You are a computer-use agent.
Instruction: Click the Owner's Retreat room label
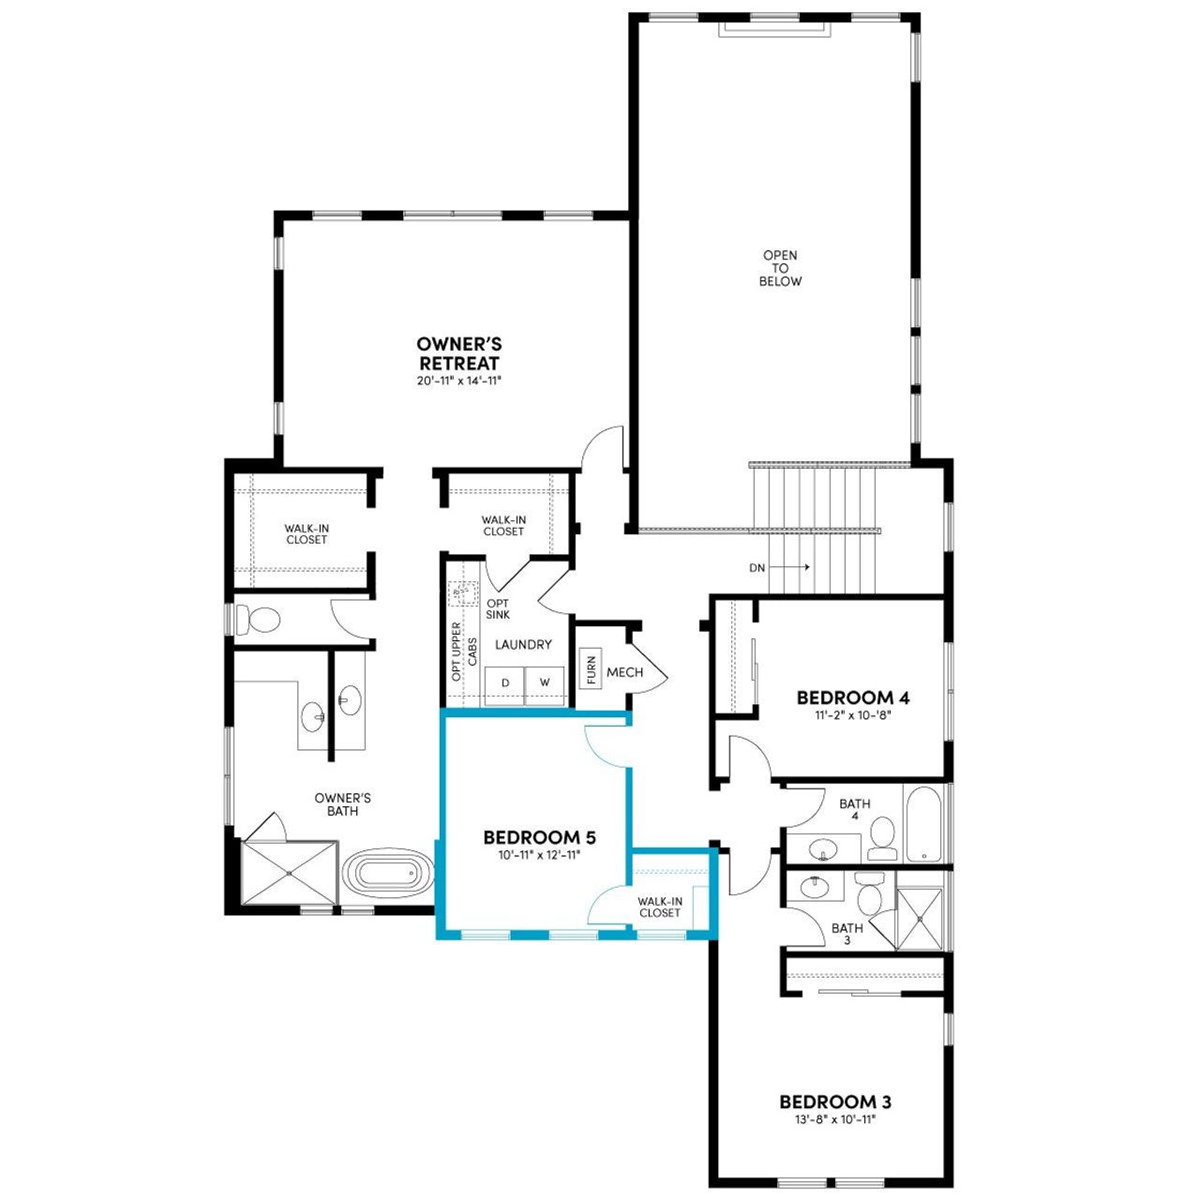pos(459,354)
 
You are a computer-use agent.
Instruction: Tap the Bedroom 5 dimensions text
pos(539,855)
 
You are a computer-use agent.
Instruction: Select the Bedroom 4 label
pos(852,697)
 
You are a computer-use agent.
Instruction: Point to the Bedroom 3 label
pos(835,1102)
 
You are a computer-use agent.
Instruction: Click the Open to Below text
pos(780,268)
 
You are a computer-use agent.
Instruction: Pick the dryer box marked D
pos(504,683)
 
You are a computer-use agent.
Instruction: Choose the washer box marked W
pos(545,683)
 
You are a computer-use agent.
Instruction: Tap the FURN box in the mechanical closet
pos(591,669)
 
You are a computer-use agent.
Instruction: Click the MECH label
pos(624,672)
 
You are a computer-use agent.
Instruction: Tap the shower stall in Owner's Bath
pos(289,873)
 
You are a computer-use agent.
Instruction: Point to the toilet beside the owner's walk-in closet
pos(259,620)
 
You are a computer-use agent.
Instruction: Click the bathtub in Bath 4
pos(924,824)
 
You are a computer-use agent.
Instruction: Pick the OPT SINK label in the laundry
pos(498,609)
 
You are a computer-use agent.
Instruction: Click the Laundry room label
pos(523,645)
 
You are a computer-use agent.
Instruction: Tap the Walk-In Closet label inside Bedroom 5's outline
pos(660,907)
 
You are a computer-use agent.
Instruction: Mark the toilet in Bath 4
pos(882,837)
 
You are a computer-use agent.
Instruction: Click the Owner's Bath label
pos(342,804)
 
